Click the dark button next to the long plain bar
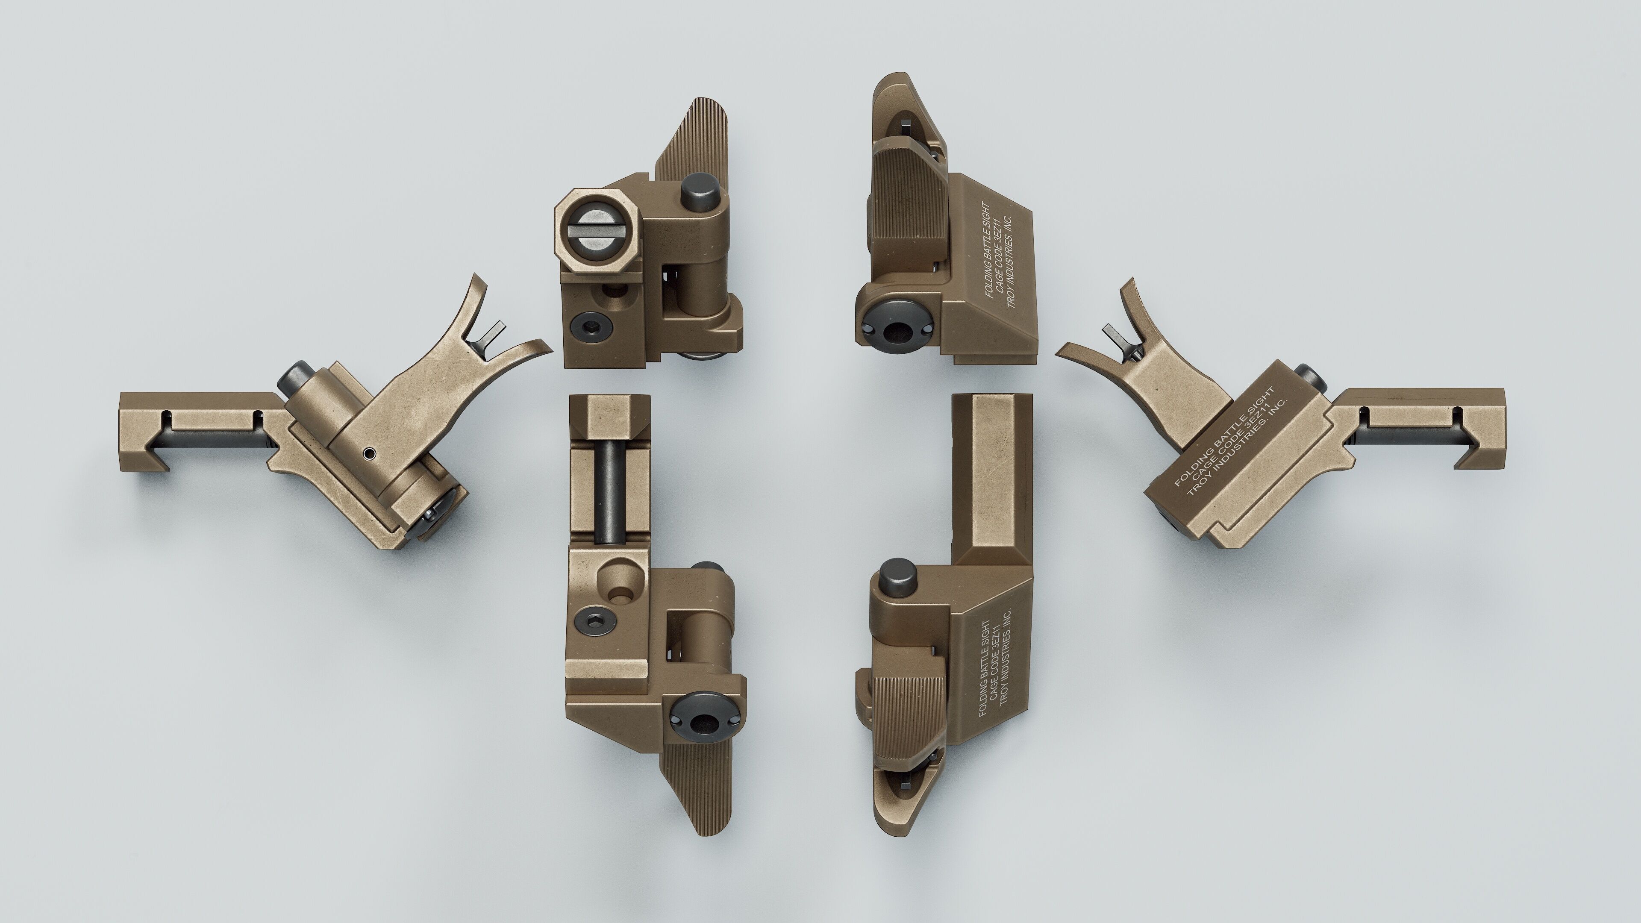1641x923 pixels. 898,576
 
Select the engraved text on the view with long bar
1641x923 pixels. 994,669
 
